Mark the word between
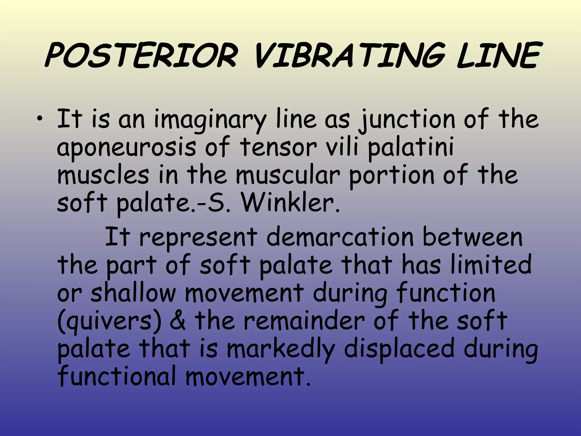[x=472, y=237]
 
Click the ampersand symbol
[x=178, y=321]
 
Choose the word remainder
[x=304, y=321]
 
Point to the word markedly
[x=281, y=349]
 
